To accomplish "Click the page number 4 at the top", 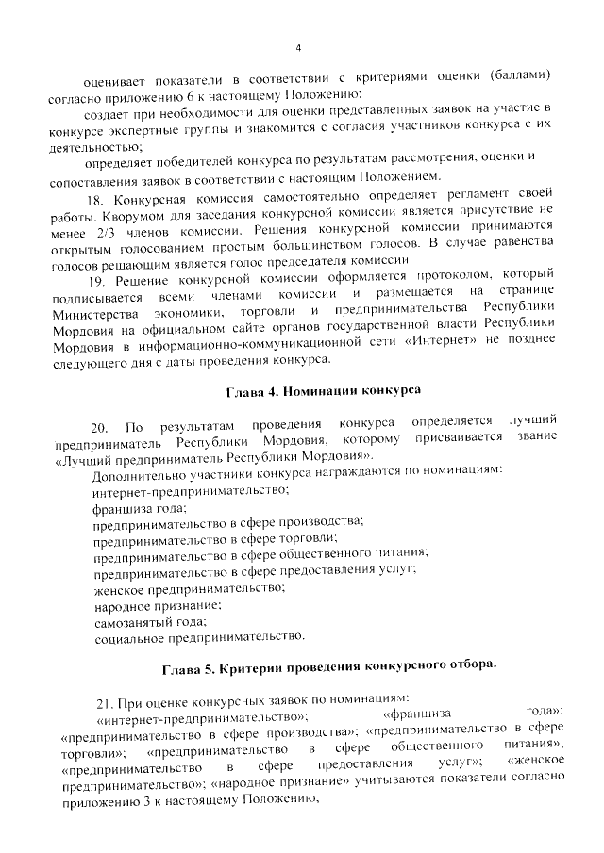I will [x=297, y=48].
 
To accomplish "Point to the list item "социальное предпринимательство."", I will [x=199, y=637].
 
